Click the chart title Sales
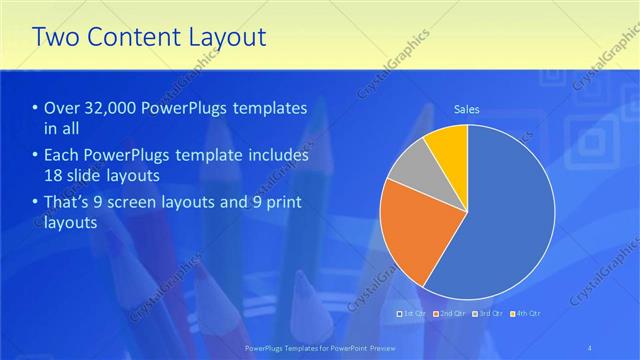(467, 108)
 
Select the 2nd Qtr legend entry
(449, 314)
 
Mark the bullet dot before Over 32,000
(36, 109)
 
